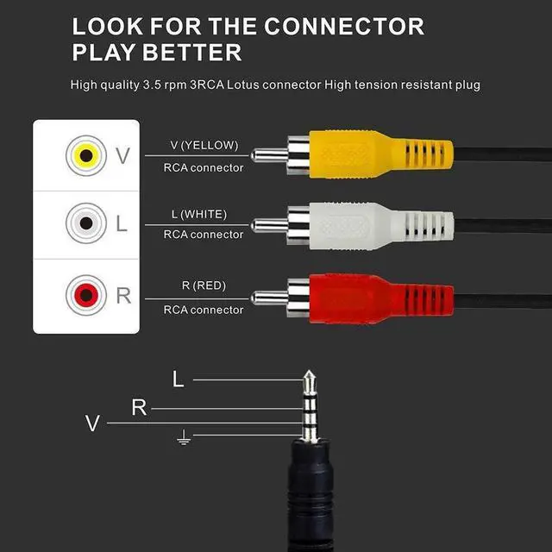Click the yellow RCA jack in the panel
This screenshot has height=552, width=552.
(x=85, y=155)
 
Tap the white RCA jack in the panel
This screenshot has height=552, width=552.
(x=85, y=223)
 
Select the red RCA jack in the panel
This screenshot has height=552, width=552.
(x=85, y=296)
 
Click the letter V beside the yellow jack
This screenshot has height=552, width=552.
(x=122, y=156)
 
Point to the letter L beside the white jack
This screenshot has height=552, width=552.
(x=122, y=223)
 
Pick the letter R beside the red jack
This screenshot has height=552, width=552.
(x=123, y=296)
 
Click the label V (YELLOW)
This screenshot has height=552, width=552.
(x=204, y=145)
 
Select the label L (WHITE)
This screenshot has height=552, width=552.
(x=204, y=212)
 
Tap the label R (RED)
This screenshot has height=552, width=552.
(x=204, y=285)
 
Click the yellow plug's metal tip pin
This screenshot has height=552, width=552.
(x=267, y=156)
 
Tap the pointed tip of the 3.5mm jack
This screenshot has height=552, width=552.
(x=309, y=377)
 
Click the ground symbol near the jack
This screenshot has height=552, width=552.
(x=183, y=440)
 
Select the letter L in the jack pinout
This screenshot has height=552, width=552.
(x=179, y=379)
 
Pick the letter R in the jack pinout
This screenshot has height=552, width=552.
(x=139, y=408)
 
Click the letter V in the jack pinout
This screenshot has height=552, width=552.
(x=93, y=423)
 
